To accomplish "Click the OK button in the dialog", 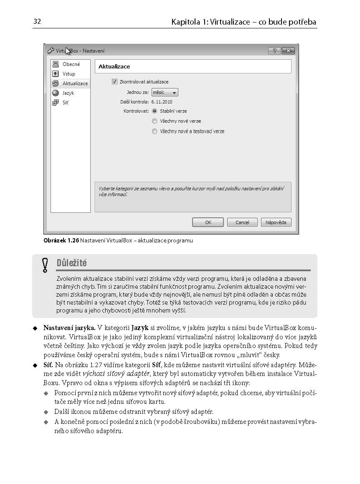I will click(208, 222).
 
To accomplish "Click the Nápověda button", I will click(276, 222).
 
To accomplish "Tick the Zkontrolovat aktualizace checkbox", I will click(114, 82).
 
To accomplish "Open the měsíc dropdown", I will click(165, 92).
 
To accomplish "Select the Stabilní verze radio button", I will click(155, 111).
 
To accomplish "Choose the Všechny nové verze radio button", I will click(155, 121).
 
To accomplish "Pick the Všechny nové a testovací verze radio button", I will click(155, 131).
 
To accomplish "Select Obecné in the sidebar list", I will click(71, 64).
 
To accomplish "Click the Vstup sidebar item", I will click(68, 74).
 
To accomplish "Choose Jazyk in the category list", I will click(68, 93).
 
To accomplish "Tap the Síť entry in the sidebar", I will click(65, 103).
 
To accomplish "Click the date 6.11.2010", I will click(162, 102).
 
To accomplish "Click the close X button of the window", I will click(288, 51).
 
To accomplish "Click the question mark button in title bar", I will click(274, 51).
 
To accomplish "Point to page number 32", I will click(37, 21).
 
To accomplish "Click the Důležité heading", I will click(72, 263).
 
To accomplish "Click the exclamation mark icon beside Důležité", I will click(45, 265).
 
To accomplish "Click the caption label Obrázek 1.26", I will click(61, 240).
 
